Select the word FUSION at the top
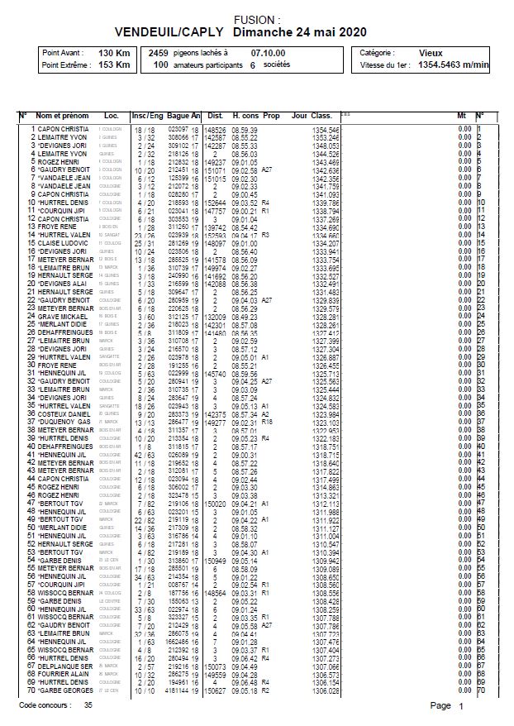[x=256, y=17]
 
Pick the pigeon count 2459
[x=159, y=52]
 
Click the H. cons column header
[x=246, y=116]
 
